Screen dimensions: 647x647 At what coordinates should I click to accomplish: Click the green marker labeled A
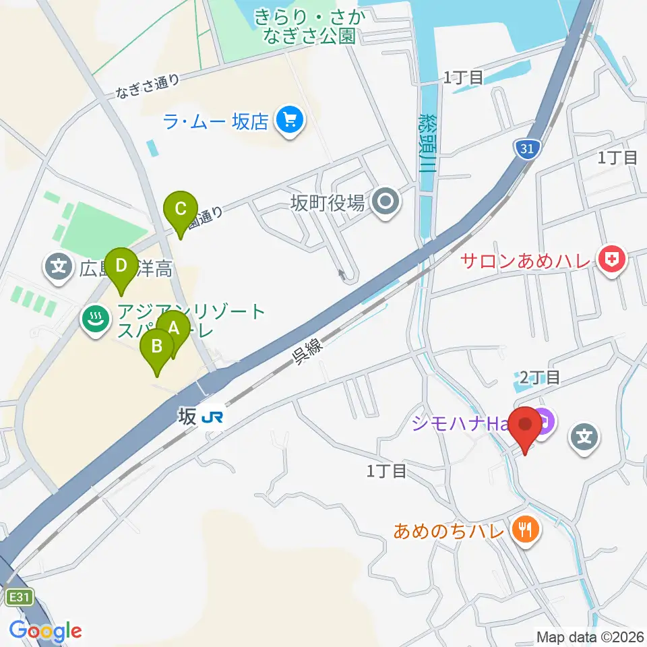coord(173,330)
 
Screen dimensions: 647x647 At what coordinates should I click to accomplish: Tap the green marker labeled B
coord(157,347)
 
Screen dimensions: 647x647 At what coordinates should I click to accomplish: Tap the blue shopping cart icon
coord(290,121)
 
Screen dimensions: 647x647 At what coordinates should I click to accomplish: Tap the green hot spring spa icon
coord(95,319)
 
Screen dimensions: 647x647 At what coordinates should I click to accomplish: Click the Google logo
coord(45,631)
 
